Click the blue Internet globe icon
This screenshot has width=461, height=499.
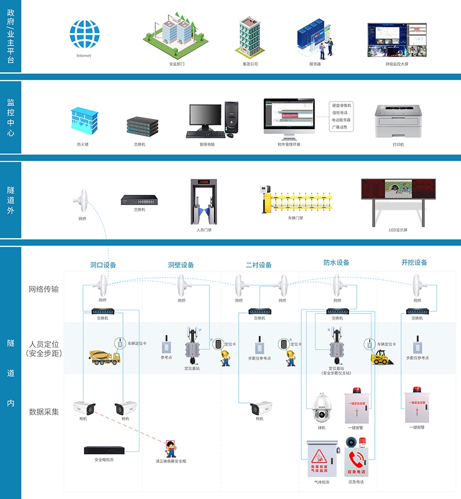click(85, 34)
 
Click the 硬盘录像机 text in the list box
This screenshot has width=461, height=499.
click(342, 105)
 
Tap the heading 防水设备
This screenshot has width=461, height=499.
click(336, 262)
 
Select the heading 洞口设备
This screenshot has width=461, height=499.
click(103, 265)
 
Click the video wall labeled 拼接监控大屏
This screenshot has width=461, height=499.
click(397, 40)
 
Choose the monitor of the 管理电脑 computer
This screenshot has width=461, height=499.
click(205, 117)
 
